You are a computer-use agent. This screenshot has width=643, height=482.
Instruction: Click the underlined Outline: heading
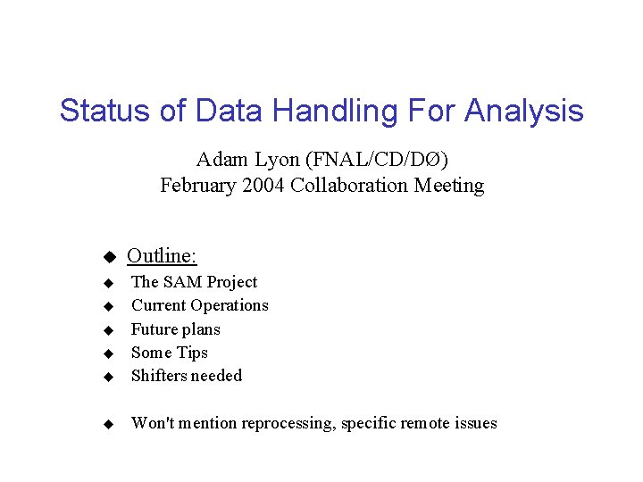[x=162, y=256]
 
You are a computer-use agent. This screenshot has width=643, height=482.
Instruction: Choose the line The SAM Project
[x=194, y=282]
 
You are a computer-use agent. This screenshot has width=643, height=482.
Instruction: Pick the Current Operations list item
[x=199, y=305]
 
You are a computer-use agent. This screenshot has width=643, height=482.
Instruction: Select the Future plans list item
[x=175, y=329]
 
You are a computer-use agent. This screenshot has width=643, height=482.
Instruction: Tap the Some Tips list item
[x=169, y=353]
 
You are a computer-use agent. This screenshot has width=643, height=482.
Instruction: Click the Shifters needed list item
[x=186, y=376]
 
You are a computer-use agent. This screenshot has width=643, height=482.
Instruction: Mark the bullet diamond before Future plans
[x=107, y=330]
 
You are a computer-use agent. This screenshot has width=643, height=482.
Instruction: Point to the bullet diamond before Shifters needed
[x=107, y=378]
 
